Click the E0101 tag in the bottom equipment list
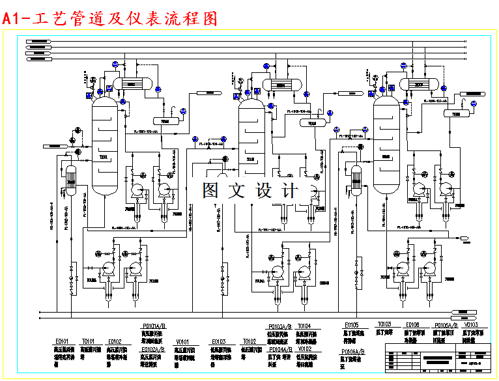(62, 341)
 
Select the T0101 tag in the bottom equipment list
(88, 341)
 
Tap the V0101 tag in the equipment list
(182, 341)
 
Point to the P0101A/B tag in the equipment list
(154, 325)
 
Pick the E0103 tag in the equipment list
(218, 341)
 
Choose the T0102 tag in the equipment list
(249, 341)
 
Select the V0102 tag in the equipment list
(304, 348)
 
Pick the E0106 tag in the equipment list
(412, 324)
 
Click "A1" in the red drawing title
(11, 19)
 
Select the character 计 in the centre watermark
(290, 190)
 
